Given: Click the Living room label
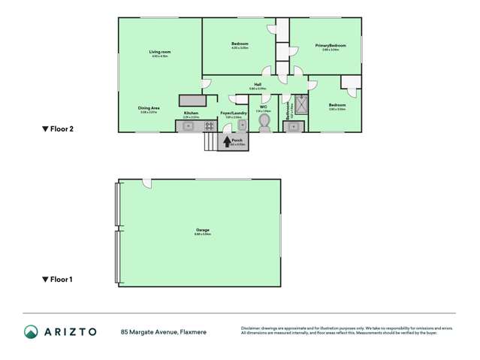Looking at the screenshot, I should click(x=159, y=51).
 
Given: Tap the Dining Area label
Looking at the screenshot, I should click(x=148, y=108).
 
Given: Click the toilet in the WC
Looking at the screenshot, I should click(x=264, y=127).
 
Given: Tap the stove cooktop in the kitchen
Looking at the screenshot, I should click(x=208, y=126).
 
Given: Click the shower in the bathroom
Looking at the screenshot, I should click(x=302, y=104).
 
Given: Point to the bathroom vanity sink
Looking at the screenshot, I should click(x=294, y=126).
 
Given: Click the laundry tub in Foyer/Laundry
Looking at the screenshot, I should click(x=242, y=126).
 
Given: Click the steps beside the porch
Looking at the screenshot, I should click(x=210, y=141).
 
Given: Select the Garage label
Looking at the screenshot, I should click(x=203, y=230).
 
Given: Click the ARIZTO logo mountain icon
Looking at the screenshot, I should click(x=31, y=331).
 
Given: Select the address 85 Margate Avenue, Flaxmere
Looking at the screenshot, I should click(x=164, y=331).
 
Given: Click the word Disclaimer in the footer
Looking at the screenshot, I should click(x=252, y=328).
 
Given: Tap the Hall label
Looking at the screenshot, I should click(x=258, y=84).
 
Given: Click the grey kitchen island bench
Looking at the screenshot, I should click(x=192, y=100).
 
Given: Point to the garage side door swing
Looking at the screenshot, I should click(x=148, y=183).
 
